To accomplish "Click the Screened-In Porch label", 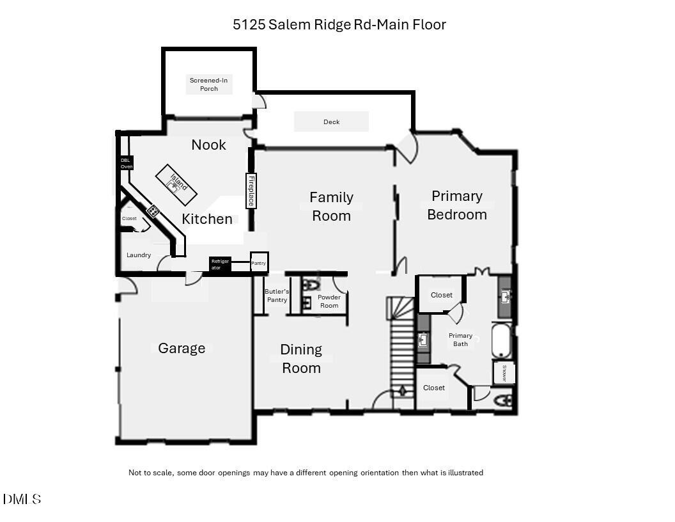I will [208, 84].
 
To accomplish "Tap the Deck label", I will [331, 122].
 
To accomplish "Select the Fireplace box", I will [251, 191].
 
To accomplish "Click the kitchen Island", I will [176, 184].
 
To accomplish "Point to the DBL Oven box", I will [127, 162].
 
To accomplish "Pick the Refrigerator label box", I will [219, 264].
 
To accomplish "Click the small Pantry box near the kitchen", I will [259, 262].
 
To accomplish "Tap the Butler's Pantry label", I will [277, 296].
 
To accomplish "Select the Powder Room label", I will [329, 301].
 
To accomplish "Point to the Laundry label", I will [139, 255].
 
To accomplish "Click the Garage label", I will [182, 348].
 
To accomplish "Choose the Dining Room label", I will [301, 358].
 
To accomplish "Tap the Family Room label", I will [331, 206].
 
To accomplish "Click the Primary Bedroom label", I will [456, 205].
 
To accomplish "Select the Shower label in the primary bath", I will [504, 373].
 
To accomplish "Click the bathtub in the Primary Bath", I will [502, 341].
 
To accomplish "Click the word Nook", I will [208, 145].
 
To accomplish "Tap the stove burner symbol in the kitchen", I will [153, 210].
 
